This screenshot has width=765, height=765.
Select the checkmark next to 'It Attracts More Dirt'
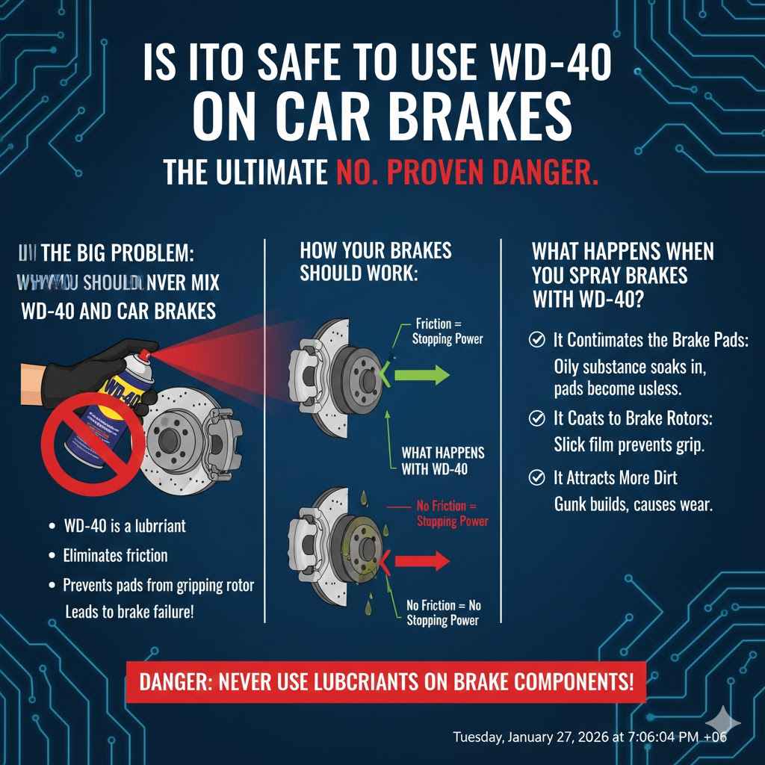536,477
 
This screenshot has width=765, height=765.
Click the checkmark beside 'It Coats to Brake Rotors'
536,418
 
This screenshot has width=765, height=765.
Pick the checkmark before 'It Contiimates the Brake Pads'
536,340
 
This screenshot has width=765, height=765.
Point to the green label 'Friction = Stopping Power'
447,331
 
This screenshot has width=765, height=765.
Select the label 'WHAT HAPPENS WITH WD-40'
442,460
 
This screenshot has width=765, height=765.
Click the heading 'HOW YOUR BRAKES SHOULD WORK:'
375,261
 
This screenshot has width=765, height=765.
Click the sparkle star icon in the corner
723,722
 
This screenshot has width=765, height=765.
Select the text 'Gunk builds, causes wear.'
633,504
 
